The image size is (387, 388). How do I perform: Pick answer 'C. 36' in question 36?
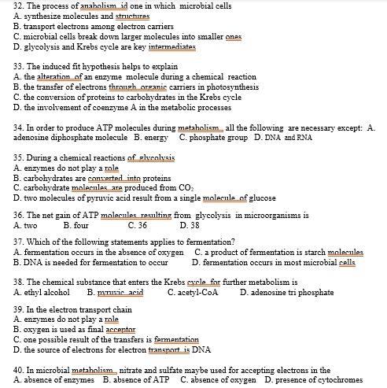[x=138, y=225]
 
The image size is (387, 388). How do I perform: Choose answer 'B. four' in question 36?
[x=77, y=225]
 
